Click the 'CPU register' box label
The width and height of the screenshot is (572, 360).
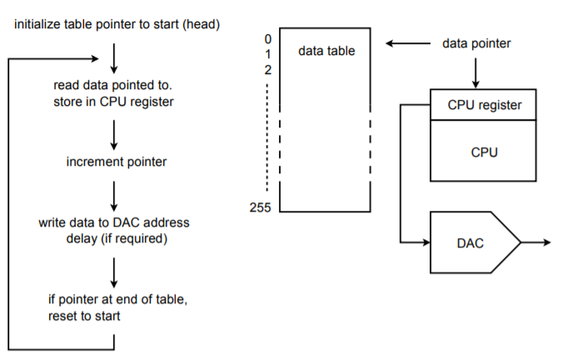click(x=485, y=105)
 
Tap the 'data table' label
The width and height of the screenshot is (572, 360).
click(x=326, y=51)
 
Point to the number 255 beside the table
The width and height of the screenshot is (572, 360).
click(x=261, y=207)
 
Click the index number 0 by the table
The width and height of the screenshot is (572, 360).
click(x=268, y=38)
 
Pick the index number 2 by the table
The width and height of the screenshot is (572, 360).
click(x=268, y=69)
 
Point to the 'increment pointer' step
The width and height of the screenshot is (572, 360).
click(x=116, y=162)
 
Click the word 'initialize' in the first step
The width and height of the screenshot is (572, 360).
click(x=38, y=24)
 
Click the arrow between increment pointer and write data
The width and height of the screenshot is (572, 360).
click(x=113, y=192)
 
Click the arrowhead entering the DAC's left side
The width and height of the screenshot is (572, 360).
click(x=424, y=242)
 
